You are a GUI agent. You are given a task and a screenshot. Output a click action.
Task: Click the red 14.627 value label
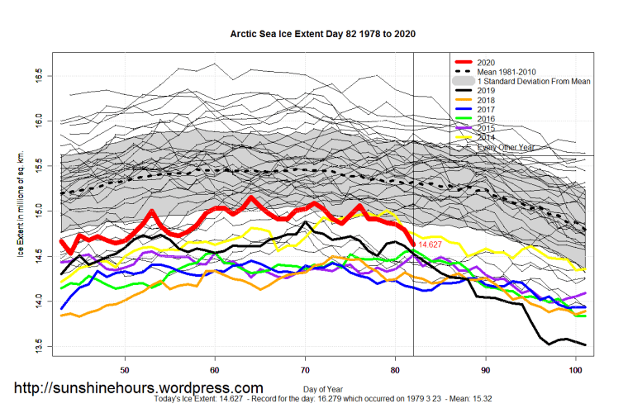click(x=434, y=245)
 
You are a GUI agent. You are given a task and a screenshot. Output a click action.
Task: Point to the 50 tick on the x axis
click(x=125, y=369)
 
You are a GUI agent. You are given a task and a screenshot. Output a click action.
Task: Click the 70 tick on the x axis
click(x=306, y=369)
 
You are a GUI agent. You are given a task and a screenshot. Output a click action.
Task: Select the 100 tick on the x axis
click(x=576, y=369)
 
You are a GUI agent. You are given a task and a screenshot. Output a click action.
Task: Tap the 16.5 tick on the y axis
click(x=39, y=76)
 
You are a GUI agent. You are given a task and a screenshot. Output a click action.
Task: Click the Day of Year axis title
click(x=321, y=387)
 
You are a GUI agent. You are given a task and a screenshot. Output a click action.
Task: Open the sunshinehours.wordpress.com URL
click(x=139, y=387)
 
